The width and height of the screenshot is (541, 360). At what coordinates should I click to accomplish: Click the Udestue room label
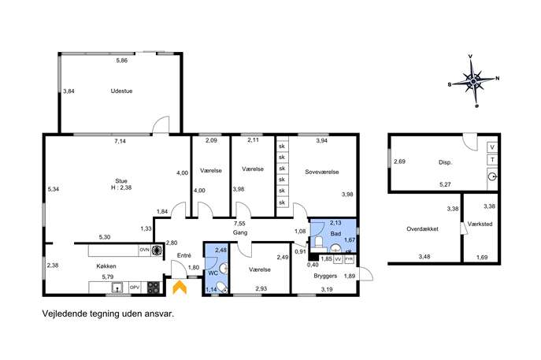[121, 91]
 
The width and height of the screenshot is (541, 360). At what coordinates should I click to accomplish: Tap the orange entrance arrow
[180, 288]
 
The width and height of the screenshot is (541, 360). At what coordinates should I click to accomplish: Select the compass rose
[474, 81]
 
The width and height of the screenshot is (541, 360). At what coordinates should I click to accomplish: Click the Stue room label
[121, 181]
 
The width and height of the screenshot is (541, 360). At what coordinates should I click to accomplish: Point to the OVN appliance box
[145, 250]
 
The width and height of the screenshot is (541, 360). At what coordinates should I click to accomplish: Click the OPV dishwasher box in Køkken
[135, 288]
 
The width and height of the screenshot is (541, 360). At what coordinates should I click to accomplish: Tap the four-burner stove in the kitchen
[154, 288]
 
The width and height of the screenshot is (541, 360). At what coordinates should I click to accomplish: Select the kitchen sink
[118, 288]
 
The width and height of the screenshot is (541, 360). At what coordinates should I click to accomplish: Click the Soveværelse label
[322, 172]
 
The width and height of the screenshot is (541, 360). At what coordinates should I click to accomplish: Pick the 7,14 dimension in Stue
[120, 141]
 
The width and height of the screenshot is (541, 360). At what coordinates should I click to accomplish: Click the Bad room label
[335, 234]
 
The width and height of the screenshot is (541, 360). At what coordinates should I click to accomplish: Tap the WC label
[213, 273]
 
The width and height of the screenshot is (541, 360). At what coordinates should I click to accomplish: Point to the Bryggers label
[325, 276]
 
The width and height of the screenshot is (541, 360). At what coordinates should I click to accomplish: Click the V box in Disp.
[492, 147]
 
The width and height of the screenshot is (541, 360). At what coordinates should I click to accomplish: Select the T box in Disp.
[492, 160]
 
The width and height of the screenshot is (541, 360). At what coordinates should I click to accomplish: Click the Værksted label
[480, 224]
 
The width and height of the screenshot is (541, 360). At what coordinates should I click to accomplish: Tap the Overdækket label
[422, 228]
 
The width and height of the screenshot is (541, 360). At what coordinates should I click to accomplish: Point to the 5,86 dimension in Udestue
[122, 61]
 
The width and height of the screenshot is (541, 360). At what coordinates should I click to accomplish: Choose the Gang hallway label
[240, 232]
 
